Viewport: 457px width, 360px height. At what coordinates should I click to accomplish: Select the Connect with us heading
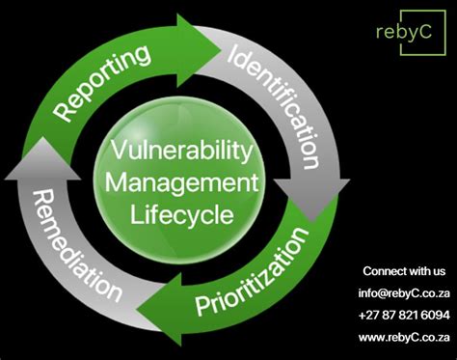(x=404, y=271)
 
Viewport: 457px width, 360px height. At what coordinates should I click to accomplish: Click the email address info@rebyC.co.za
(x=404, y=292)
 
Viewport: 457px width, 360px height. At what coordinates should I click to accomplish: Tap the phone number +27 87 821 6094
(x=404, y=314)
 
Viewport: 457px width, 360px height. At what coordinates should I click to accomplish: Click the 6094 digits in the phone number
(x=434, y=314)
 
